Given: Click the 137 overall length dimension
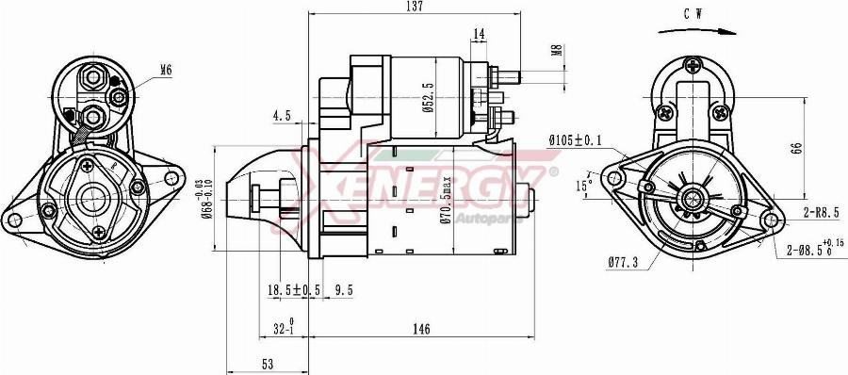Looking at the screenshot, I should (x=414, y=7).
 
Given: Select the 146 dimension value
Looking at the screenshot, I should (x=420, y=329).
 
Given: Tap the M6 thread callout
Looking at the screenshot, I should (x=166, y=69).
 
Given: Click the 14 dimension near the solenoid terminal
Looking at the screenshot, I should (x=479, y=34).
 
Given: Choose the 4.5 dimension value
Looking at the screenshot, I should (x=281, y=116).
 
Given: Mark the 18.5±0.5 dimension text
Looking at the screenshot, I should (x=292, y=290).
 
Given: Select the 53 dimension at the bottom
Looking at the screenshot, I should (x=268, y=364).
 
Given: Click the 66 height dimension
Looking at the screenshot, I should (x=796, y=148).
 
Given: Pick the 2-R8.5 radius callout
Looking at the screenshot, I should (x=821, y=215).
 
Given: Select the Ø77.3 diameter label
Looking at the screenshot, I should (x=623, y=261).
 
